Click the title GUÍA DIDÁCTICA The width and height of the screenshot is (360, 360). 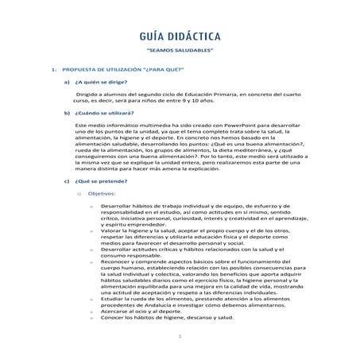(x=180, y=37)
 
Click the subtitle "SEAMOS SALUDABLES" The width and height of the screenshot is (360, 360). (x=180, y=54)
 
